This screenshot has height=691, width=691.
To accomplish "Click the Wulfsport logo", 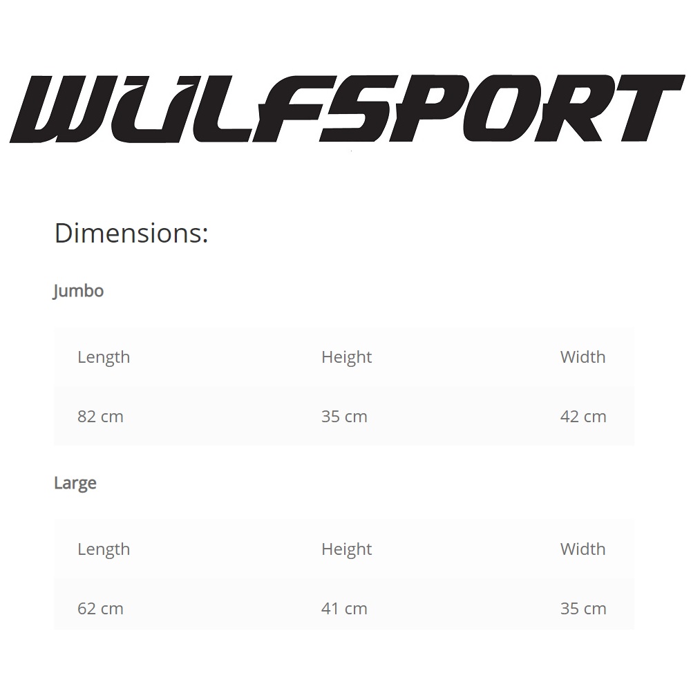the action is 348,108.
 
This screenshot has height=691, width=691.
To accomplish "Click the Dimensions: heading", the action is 131,233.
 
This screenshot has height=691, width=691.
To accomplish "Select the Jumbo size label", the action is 79,292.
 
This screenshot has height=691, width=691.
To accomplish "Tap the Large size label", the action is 75,484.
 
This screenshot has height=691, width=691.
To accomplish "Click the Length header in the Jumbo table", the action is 104,357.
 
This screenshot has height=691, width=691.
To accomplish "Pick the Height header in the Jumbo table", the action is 346,357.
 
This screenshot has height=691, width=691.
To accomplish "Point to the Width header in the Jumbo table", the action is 583,357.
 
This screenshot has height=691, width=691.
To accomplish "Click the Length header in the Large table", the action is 104,549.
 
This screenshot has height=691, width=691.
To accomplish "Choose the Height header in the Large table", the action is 346,549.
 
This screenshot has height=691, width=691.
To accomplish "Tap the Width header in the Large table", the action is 583,549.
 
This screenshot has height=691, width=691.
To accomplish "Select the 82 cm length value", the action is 100,417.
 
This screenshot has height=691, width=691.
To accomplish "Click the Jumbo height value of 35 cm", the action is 344,417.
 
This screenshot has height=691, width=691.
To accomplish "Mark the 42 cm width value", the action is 583,417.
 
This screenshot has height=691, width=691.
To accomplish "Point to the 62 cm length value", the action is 100,609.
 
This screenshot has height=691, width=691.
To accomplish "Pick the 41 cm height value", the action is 344,609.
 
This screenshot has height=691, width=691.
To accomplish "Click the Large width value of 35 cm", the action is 583,609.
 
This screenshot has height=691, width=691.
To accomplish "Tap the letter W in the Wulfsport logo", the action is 64,109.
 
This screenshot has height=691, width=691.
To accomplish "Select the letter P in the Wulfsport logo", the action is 425,108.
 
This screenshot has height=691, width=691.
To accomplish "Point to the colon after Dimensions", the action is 205,235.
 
